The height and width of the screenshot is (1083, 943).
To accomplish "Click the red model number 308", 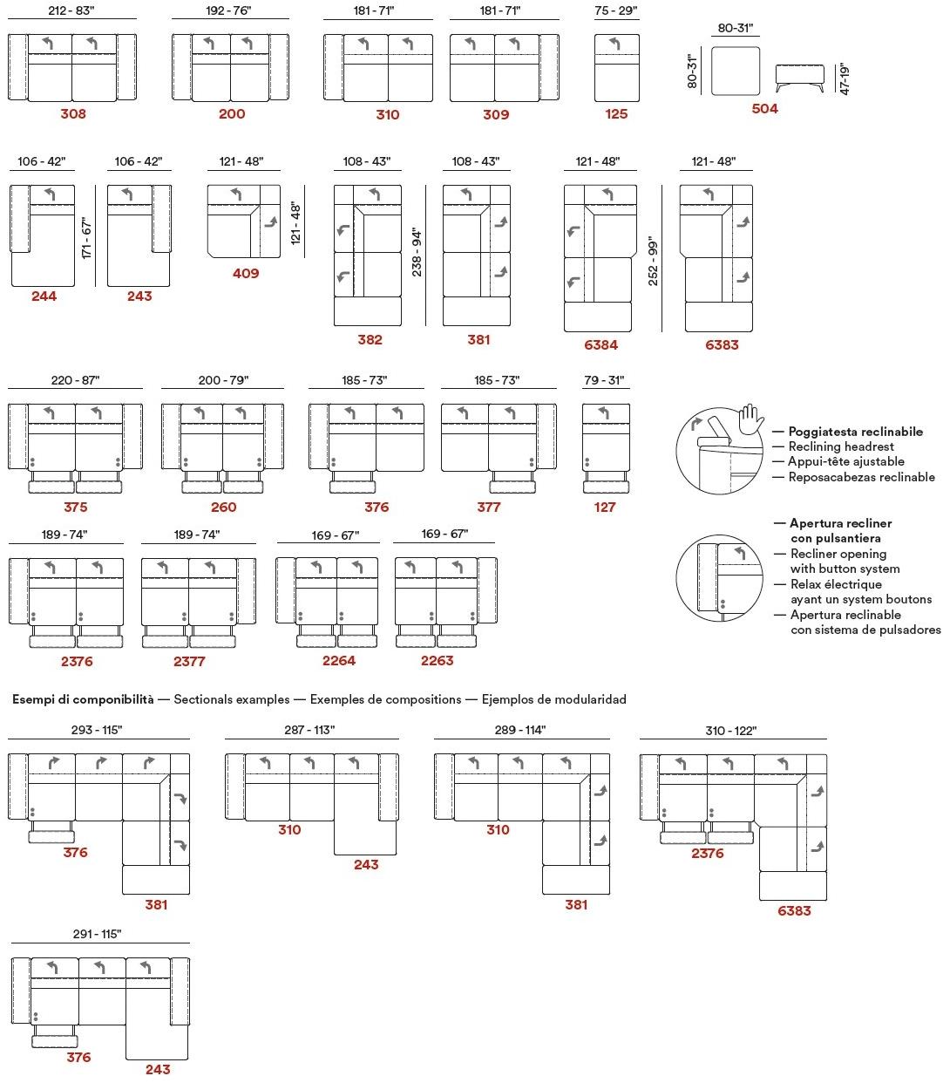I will pyautogui.click(x=73, y=113).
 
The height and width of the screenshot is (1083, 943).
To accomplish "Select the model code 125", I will pyautogui.click(x=616, y=113).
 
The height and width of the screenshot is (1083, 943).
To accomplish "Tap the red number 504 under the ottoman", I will pyautogui.click(x=764, y=109).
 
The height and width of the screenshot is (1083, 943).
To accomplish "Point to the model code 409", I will pyautogui.click(x=246, y=273).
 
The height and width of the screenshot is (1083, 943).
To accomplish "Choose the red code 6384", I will pyautogui.click(x=600, y=344).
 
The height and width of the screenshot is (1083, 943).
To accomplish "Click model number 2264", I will pyautogui.click(x=339, y=660).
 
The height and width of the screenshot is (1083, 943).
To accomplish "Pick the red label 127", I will pyautogui.click(x=605, y=507).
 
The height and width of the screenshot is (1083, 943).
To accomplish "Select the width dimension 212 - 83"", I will pyautogui.click(x=73, y=10).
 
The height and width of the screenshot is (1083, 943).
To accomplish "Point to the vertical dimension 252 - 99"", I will pyautogui.click(x=654, y=262).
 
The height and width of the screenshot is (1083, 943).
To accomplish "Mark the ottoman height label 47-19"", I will pyautogui.click(x=844, y=78).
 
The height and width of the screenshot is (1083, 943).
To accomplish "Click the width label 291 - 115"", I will pyautogui.click(x=97, y=934).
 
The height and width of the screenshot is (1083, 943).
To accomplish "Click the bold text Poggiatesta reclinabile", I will pyautogui.click(x=855, y=432).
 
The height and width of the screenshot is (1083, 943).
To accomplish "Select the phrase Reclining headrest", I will pyautogui.click(x=841, y=446).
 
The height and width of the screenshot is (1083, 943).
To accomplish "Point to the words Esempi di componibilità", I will pyautogui.click(x=83, y=698).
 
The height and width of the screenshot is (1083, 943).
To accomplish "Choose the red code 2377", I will pyautogui.click(x=189, y=661).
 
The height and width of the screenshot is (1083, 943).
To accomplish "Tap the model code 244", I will pyautogui.click(x=44, y=296).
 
